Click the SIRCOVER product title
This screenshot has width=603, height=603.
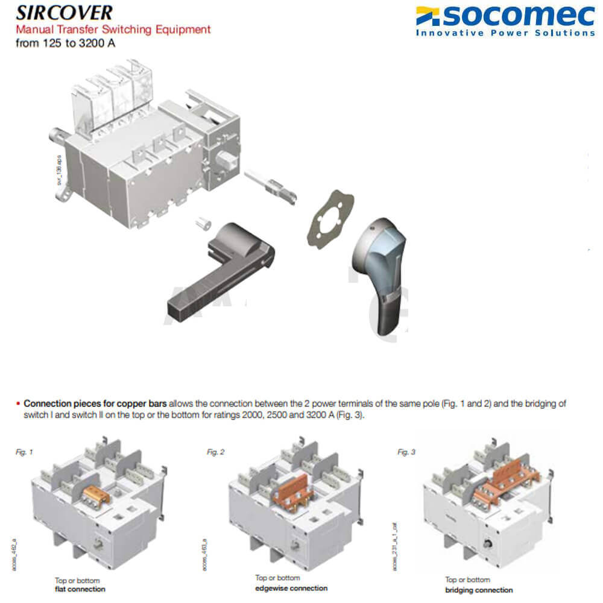[64, 13]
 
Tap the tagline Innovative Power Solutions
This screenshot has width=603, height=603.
[505, 33]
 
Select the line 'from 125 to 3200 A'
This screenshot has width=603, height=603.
[65, 43]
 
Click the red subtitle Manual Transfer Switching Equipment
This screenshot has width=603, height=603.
[113, 29]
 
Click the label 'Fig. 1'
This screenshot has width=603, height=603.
[22, 451]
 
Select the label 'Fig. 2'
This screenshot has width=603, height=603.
[215, 451]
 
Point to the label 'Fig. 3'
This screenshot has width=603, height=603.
[406, 451]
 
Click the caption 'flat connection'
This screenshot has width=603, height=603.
[80, 589]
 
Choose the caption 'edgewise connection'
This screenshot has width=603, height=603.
[291, 587]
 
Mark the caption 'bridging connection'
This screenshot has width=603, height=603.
[479, 590]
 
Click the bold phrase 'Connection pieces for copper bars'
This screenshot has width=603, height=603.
[95, 403]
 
